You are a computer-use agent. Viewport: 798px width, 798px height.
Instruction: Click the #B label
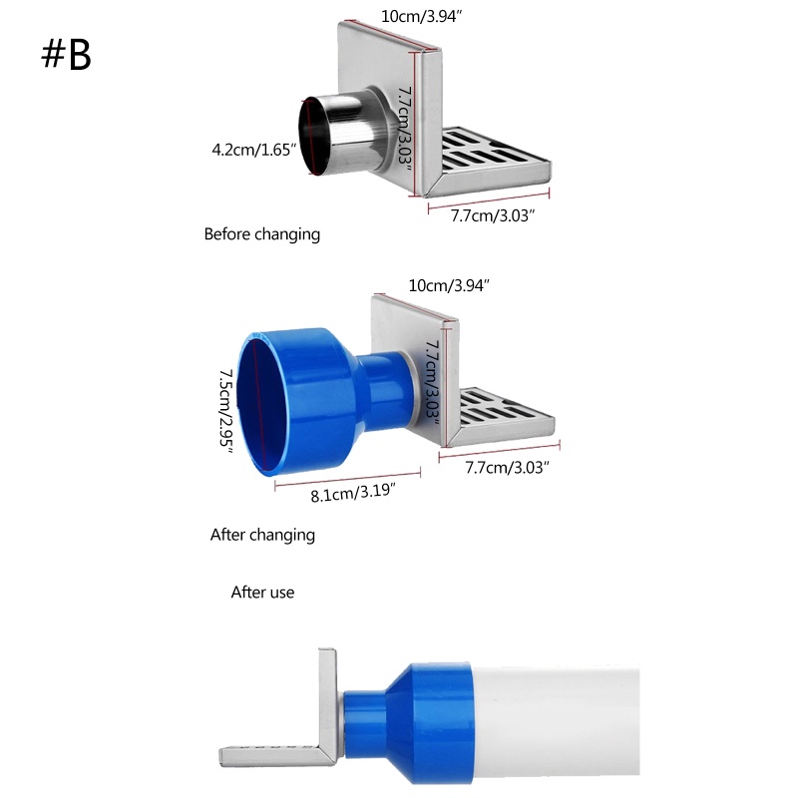pos(66,55)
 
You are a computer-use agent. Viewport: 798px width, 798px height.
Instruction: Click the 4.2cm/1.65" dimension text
pos(255,150)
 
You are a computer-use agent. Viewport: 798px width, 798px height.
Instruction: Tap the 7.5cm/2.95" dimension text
pos(226,409)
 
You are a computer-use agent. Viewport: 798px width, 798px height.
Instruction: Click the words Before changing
pos(261,234)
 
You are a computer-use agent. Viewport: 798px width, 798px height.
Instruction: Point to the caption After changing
pos(262,535)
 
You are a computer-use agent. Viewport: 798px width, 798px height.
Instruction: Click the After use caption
pos(262,593)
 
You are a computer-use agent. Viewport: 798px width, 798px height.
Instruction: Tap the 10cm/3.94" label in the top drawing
pos(419,17)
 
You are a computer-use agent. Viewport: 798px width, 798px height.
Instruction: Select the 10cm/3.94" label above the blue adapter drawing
pos(449,285)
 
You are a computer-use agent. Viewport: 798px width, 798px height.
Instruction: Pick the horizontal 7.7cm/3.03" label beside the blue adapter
pos(507,467)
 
